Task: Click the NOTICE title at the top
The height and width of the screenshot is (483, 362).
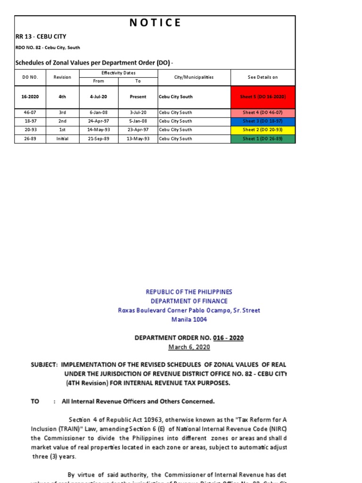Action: point(155,23)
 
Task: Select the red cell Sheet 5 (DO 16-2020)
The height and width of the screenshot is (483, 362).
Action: point(263,97)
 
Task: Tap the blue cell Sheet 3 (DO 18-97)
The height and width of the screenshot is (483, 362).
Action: point(263,121)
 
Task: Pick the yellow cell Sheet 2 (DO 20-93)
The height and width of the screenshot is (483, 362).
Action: point(263,130)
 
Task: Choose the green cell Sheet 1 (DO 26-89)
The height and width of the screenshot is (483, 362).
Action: point(263,139)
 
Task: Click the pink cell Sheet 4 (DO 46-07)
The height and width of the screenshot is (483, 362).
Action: point(263,113)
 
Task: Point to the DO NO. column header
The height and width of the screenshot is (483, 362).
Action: point(30,77)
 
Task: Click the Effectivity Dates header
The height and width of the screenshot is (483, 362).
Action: point(118,73)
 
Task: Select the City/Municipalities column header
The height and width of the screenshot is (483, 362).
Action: point(194,77)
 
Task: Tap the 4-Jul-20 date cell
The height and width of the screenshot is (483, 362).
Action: point(99,97)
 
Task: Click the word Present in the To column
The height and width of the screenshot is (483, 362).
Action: point(138,97)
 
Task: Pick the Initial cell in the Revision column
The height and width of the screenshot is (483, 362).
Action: point(62,139)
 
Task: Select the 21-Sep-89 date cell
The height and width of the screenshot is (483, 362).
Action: point(99,139)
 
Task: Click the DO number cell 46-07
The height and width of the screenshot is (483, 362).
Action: point(30,113)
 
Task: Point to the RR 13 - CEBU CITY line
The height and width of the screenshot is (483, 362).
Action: point(41,37)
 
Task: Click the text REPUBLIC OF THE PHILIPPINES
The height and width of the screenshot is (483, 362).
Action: point(189,292)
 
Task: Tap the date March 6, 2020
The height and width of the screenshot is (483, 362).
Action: point(189,347)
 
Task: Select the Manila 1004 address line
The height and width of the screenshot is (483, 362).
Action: point(189,319)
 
